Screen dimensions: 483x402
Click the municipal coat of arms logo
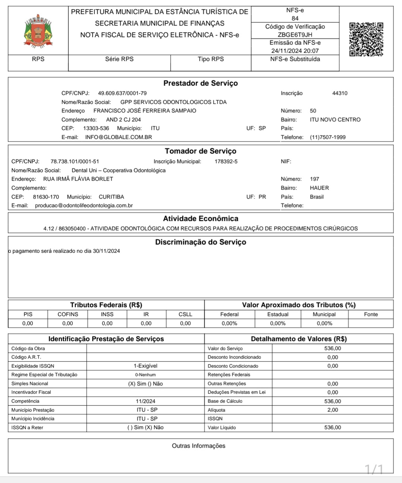point(38,31)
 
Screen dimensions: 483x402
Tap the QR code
point(366,39)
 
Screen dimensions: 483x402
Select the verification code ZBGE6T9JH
point(295,35)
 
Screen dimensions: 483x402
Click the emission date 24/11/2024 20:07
point(295,51)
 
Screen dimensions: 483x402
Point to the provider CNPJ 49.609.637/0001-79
point(122,93)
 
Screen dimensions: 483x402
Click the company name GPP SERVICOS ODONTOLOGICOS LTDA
point(173,102)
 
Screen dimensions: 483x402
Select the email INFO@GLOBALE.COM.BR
point(119,137)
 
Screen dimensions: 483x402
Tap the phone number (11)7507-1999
point(327,137)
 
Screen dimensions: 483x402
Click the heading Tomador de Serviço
point(201,151)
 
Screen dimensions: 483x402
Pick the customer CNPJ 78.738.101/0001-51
point(75,161)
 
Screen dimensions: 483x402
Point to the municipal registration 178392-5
point(226,161)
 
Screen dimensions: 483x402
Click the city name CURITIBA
point(112,197)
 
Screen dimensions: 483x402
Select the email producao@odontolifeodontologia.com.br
point(84,206)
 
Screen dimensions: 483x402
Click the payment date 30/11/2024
point(106,251)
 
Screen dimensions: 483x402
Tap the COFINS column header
point(68,314)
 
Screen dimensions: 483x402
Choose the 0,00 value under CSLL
point(185,323)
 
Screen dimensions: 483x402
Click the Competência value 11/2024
point(145,401)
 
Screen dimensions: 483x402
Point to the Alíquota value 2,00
point(333,410)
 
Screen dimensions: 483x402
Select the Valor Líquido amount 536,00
point(333,427)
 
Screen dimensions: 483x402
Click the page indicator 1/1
point(374,469)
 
